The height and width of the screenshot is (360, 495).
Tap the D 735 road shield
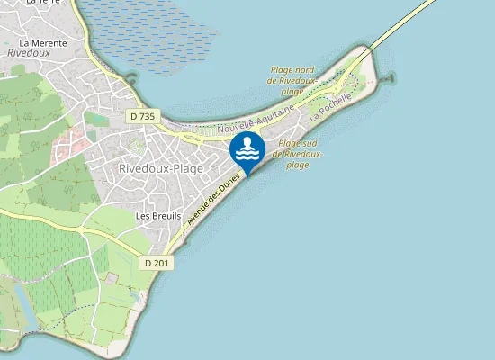(142, 116)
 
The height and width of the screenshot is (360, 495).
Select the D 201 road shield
(156, 262)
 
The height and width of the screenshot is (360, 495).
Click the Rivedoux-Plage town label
(161, 168)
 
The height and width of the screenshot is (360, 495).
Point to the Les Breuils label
(158, 216)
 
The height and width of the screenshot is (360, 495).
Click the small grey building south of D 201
(112, 279)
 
